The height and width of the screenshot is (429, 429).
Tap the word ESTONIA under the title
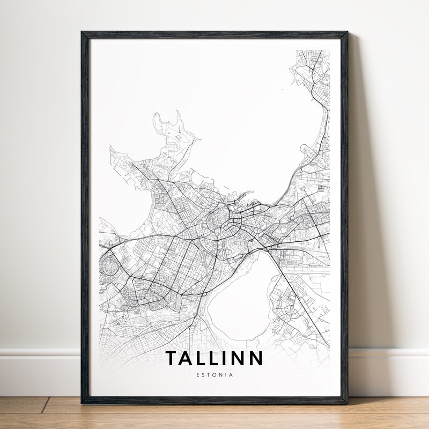pos(214,374)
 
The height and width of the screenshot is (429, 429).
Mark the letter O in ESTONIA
pos(214,374)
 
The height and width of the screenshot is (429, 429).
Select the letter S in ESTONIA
pos(202,374)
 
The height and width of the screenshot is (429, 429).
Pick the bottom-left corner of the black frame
pos(83,402)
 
